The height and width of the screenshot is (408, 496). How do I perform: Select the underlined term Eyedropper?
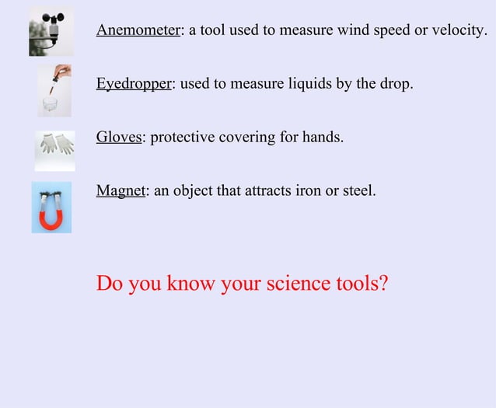[133, 84]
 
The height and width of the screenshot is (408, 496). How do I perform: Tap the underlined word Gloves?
[119, 138]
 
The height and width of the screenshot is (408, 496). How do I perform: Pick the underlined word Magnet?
[121, 190]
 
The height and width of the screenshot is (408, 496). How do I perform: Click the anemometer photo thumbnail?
[51, 33]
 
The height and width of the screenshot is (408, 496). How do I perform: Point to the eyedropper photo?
[54, 90]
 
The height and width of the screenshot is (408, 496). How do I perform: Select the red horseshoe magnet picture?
[51, 207]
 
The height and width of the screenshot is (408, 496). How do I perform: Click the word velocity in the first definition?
[460, 30]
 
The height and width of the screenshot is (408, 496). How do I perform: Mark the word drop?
[394, 84]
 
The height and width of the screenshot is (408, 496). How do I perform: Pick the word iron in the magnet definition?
[309, 190]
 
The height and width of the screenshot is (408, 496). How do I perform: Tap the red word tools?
[362, 284]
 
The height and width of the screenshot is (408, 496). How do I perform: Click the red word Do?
[110, 284]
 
